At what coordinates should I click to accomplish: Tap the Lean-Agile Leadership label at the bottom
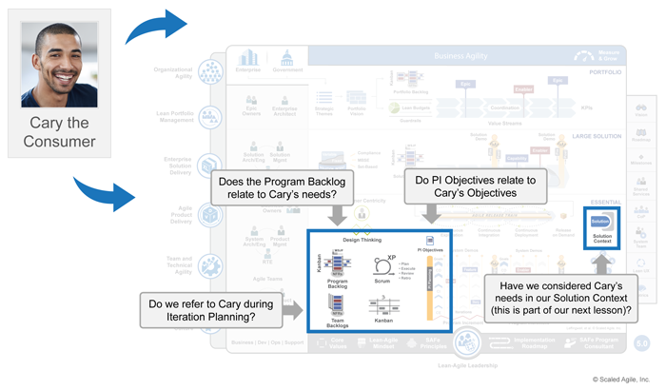(465, 363)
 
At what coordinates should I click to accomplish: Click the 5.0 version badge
(642, 340)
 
